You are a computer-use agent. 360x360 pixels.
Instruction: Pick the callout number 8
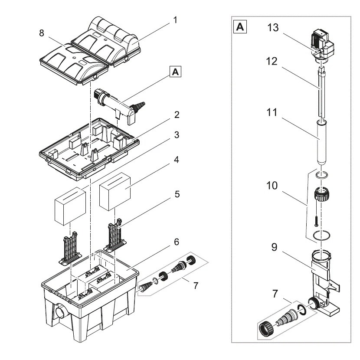point(41,33)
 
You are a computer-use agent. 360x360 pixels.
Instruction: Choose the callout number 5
point(177,195)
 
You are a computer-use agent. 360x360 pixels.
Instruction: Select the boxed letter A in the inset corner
point(240,28)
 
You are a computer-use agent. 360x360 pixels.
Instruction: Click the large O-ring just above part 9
point(321,236)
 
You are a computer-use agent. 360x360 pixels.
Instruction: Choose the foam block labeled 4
point(115,190)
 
